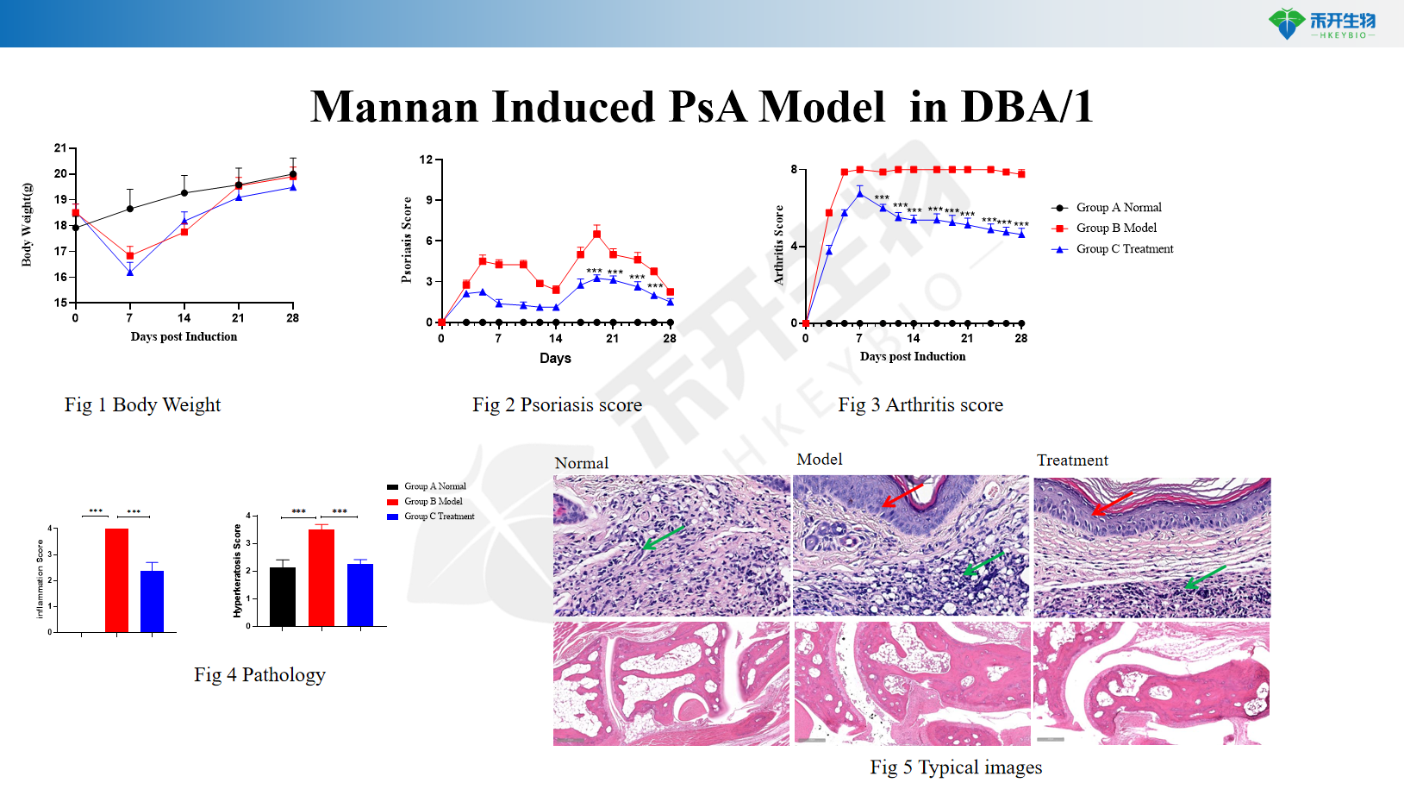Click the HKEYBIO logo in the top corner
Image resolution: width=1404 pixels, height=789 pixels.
tap(1321, 23)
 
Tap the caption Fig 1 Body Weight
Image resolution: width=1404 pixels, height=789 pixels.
tap(142, 405)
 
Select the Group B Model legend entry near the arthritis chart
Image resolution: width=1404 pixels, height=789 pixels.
tap(1115, 228)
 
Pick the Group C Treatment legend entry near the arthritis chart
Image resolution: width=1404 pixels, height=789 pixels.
tap(1124, 248)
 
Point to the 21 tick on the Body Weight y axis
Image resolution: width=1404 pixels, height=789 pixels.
tap(60, 148)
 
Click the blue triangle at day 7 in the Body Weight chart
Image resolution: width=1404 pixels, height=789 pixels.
tap(130, 272)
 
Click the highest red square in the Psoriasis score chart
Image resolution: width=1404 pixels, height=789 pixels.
tap(596, 234)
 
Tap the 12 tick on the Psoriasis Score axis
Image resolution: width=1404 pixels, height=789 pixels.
tap(426, 160)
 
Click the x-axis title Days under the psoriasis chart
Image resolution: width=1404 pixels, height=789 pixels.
tap(555, 358)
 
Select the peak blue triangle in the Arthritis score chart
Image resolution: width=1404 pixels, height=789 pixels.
tap(859, 193)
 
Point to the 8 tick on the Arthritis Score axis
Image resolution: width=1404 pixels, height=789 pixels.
tap(794, 169)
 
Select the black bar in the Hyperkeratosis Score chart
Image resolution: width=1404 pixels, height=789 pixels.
tap(283, 596)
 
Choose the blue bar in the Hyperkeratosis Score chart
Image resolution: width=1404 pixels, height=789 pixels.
tap(360, 594)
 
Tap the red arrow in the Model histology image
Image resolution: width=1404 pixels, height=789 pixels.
tap(902, 495)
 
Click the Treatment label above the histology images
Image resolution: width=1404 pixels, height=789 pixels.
tap(1072, 460)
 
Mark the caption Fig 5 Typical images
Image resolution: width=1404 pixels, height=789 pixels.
tap(956, 767)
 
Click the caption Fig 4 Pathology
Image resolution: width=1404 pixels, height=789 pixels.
tap(259, 675)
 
